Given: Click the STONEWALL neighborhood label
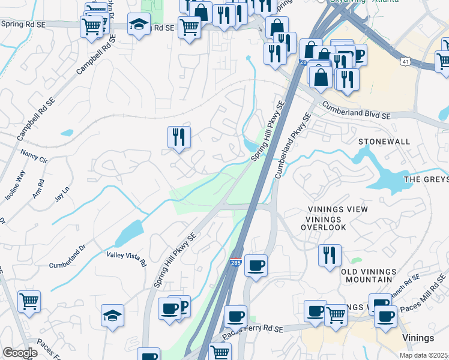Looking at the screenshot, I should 384,142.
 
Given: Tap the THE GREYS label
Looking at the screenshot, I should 426,179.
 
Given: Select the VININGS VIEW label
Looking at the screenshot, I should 329,209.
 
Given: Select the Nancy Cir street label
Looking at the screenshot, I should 34,157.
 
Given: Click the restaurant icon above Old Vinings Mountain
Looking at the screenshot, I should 330,255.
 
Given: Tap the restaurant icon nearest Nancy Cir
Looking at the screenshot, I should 179,137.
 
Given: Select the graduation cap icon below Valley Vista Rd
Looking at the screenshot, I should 113,316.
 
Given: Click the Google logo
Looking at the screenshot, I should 20,353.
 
